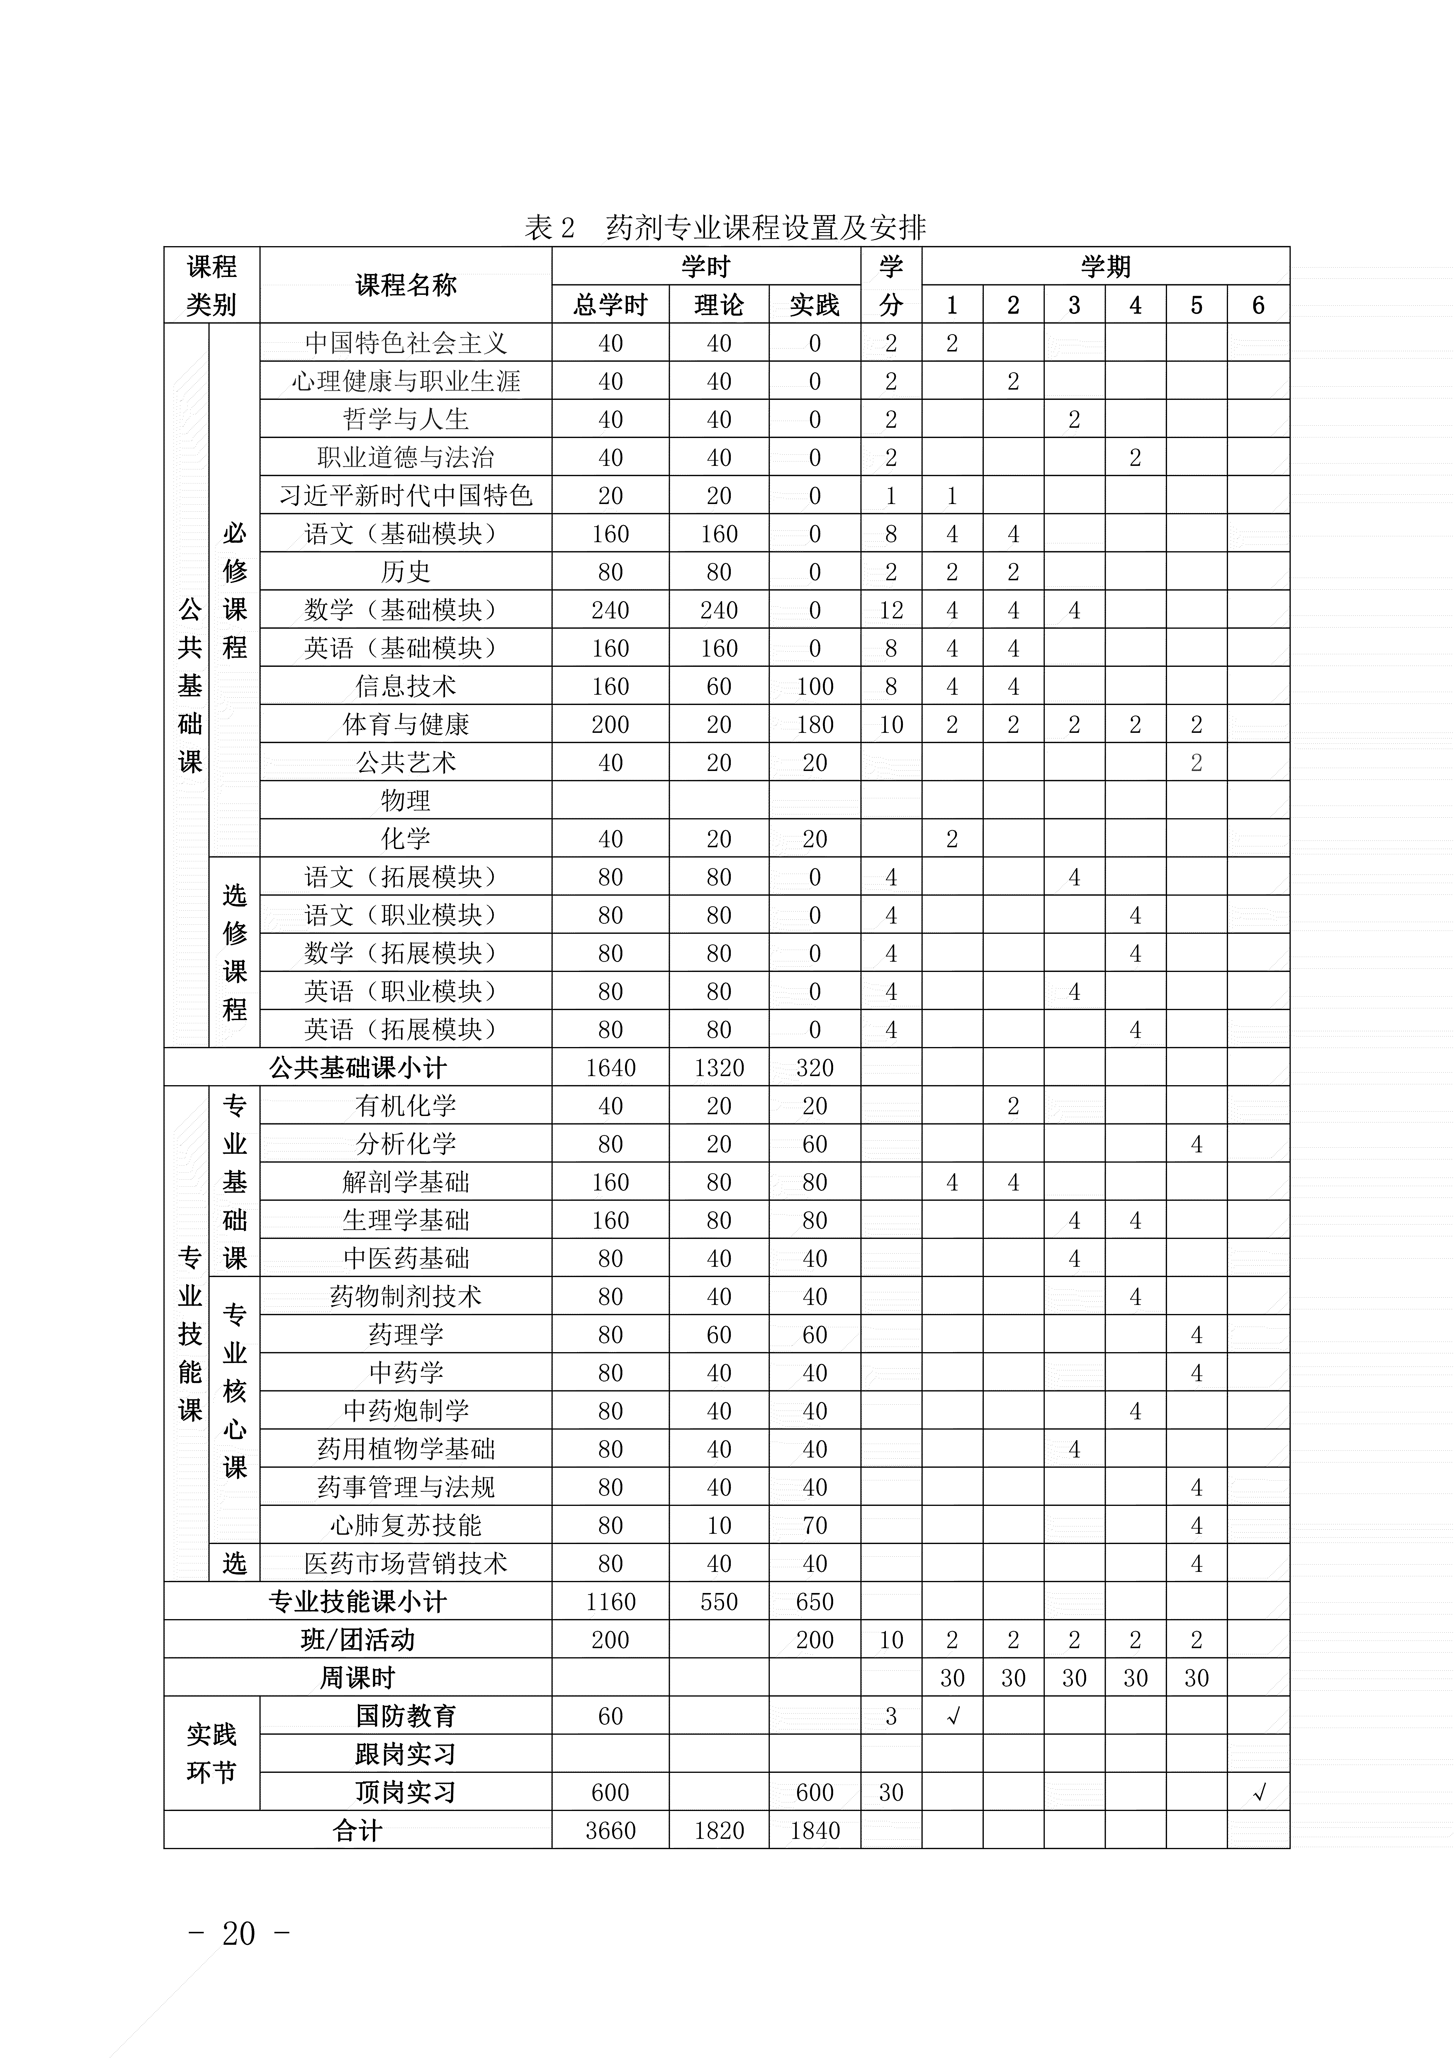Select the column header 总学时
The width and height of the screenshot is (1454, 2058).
pyautogui.click(x=610, y=306)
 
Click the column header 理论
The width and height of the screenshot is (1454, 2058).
pyautogui.click(x=718, y=306)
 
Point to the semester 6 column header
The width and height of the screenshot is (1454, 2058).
pyautogui.click(x=1258, y=306)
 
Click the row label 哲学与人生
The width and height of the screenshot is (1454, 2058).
pyautogui.click(x=406, y=420)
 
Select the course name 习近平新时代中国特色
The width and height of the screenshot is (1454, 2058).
pyautogui.click(x=406, y=496)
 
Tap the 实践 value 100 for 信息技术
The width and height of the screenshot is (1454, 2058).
pyautogui.click(x=814, y=686)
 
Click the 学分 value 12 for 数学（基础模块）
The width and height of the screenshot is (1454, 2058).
pyautogui.click(x=891, y=611)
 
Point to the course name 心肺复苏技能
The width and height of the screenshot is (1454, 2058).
pyautogui.click(x=406, y=1526)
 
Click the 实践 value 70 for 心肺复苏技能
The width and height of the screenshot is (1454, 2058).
pyautogui.click(x=814, y=1526)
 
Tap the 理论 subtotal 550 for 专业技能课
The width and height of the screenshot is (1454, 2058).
pyautogui.click(x=718, y=1602)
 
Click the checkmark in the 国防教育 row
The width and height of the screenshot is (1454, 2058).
pyautogui.click(x=952, y=1717)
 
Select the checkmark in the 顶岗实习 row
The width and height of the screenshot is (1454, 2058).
pyautogui.click(x=1258, y=1793)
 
